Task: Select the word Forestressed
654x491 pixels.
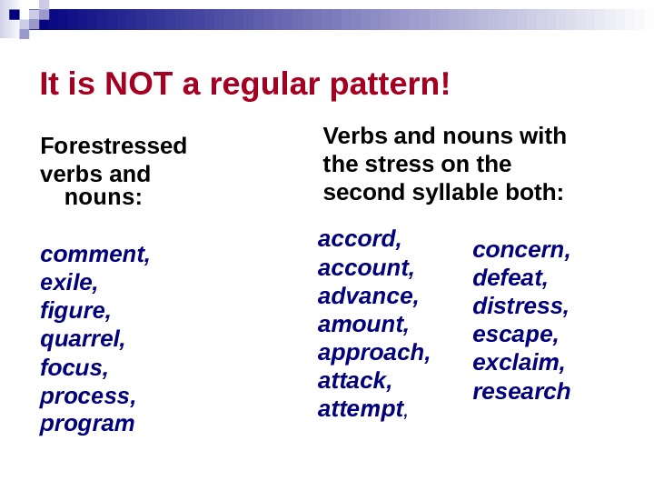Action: click(x=114, y=145)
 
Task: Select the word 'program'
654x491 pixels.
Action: click(x=87, y=424)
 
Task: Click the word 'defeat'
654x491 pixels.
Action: click(x=509, y=278)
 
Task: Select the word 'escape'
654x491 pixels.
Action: click(x=514, y=335)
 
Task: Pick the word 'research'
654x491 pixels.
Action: click(x=521, y=391)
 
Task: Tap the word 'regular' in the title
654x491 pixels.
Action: click(x=263, y=85)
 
